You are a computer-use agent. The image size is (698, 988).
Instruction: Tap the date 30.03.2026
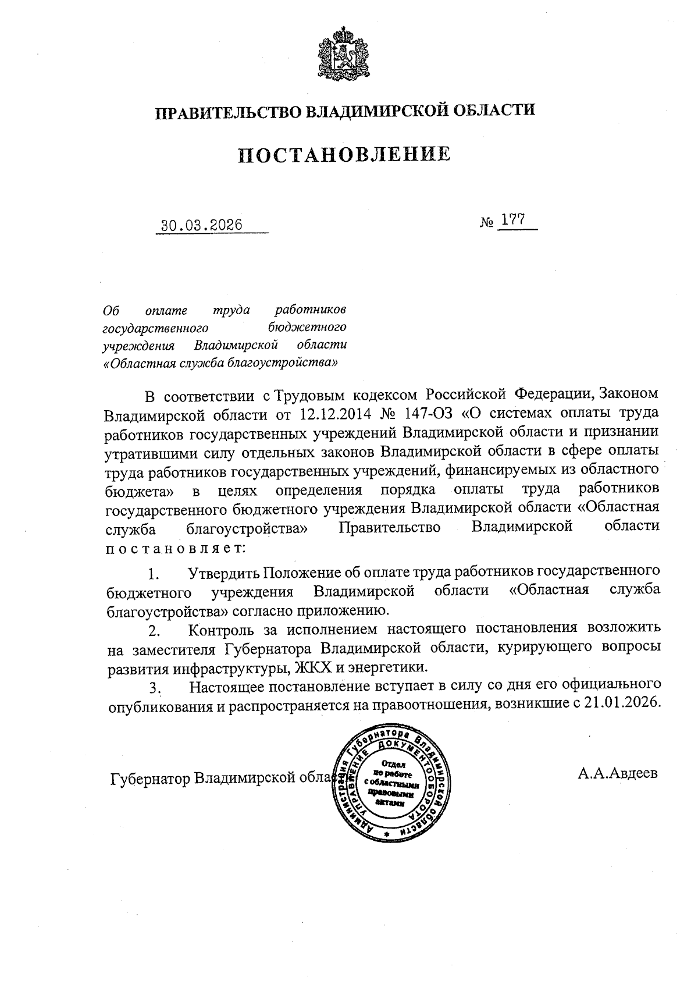coord(202,225)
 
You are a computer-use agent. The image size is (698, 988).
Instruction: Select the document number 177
coord(511,221)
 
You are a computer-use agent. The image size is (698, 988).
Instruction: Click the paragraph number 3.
coord(154,688)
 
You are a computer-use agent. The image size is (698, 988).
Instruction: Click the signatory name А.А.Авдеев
coord(617,774)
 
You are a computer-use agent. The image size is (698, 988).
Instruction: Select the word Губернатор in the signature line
coord(150,779)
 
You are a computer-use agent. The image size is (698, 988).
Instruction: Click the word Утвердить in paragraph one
coord(223,573)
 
